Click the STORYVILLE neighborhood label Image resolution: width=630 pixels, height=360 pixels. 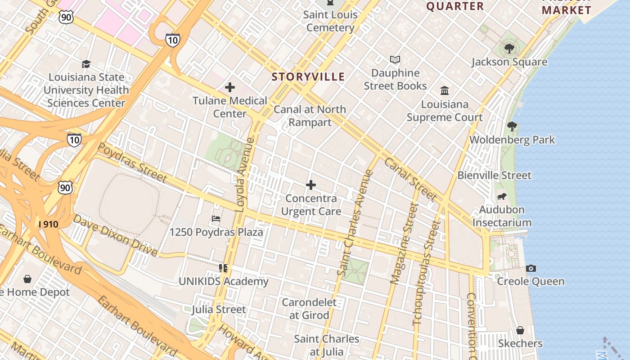tap(308, 77)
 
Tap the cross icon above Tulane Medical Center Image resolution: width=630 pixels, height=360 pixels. tap(230, 87)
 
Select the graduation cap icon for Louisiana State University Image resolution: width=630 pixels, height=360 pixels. tap(86, 64)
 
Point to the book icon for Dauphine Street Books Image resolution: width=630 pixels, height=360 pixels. tap(395, 59)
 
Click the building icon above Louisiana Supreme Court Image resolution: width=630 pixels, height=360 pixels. tap(445, 91)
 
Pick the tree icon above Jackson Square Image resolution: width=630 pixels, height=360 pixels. tap(509, 48)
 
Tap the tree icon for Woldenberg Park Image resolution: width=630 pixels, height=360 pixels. tap(512, 126)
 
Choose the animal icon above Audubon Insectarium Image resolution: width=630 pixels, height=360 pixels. tap(502, 197)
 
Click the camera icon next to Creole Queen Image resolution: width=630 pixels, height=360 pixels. tap(531, 268)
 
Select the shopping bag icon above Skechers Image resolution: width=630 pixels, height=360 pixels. tap(520, 330)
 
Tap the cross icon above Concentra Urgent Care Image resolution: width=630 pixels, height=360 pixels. tap(310, 185)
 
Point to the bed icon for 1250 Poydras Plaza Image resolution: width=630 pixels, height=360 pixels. tap(216, 219)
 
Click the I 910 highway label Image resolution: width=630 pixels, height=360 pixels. tap(48, 224)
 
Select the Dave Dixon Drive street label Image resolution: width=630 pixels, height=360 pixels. tap(115, 235)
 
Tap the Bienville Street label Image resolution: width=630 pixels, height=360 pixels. tap(495, 175)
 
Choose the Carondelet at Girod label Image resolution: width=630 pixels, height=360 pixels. tap(309, 309)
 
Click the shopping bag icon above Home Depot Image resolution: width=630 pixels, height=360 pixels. tap(27, 279)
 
